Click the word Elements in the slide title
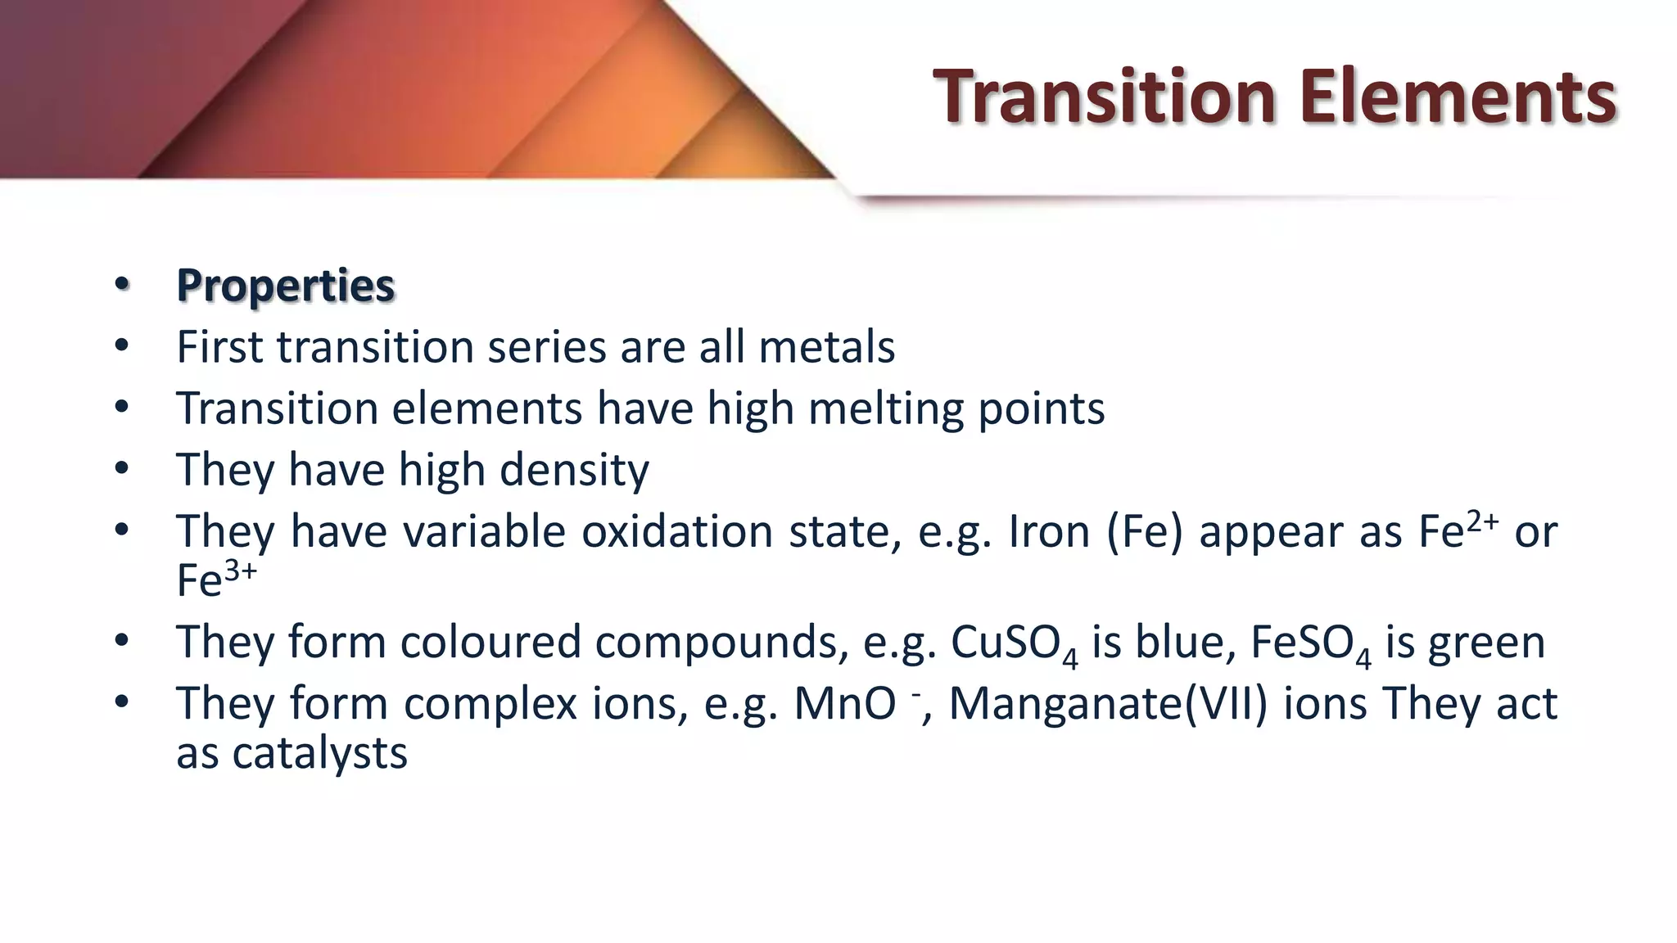click(1458, 97)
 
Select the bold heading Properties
click(286, 286)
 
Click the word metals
click(826, 347)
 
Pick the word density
click(574, 470)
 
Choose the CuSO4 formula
click(1014, 643)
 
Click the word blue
click(1186, 642)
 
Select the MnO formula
click(846, 703)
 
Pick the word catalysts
click(319, 753)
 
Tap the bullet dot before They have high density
click(122, 470)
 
